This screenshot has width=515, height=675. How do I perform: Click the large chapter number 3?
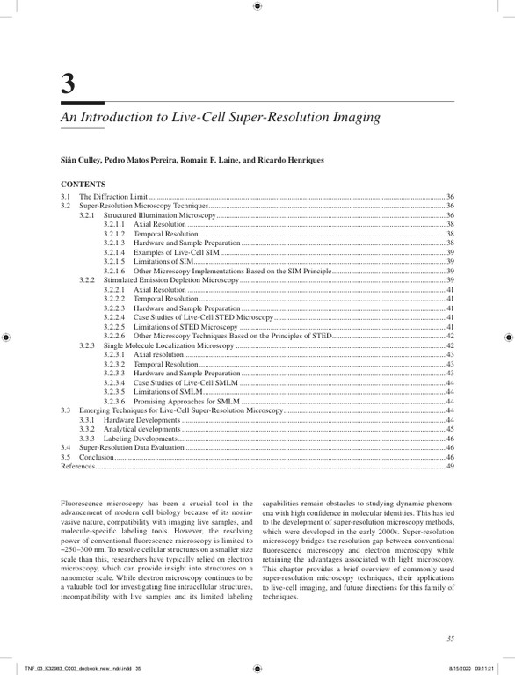tap(68, 85)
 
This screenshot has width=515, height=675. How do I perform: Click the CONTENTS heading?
tap(83, 185)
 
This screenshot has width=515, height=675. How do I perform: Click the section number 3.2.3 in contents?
tap(87, 345)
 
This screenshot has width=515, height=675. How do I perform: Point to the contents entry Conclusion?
tap(97, 457)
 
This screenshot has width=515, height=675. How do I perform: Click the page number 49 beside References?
tap(450, 466)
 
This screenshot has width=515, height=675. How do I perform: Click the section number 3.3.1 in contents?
tap(87, 419)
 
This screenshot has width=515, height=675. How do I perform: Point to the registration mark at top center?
tap(257, 6)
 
